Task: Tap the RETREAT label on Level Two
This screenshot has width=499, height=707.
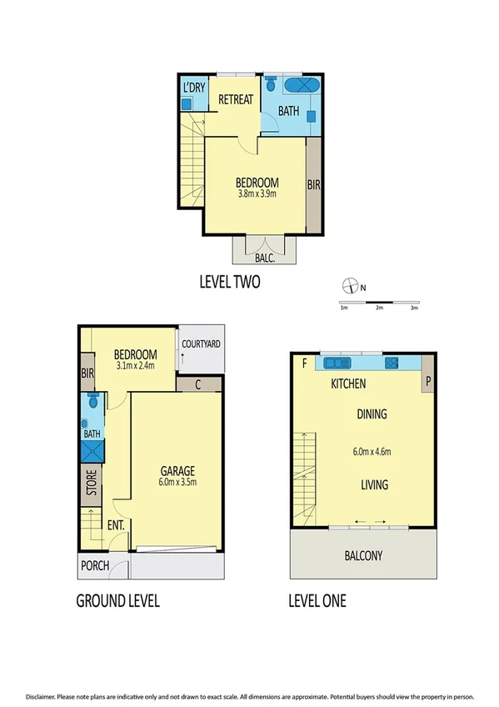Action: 235,100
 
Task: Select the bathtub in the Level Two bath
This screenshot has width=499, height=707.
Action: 299,86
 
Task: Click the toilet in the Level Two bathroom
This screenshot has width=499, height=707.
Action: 271,85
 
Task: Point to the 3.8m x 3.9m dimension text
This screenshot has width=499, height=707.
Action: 256,197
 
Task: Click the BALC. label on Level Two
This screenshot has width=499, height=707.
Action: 265,258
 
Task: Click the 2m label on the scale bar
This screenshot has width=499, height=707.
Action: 379,308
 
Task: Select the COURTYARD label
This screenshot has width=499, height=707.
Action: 201,343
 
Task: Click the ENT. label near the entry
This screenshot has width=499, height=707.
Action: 115,526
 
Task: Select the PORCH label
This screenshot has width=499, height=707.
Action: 94,566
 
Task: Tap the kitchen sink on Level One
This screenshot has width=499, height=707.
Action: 339,363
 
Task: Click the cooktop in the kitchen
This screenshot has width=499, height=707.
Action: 392,363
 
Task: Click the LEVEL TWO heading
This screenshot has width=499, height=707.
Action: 229,282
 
